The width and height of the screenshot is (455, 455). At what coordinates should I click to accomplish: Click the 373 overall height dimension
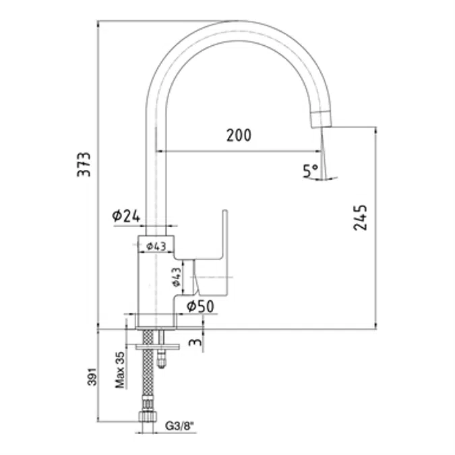84,164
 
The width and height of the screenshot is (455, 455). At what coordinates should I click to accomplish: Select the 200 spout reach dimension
239,135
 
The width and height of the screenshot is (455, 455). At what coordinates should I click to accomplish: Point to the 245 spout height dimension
360,218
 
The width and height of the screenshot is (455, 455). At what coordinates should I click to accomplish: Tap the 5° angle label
310,171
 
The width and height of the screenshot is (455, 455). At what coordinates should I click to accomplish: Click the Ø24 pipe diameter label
126,216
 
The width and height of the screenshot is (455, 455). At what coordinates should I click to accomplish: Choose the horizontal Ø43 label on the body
156,246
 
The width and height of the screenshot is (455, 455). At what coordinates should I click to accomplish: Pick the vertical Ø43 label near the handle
177,277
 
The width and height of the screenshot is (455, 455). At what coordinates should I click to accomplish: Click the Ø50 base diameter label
200,306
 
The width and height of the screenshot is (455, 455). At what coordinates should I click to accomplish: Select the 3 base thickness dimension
195,342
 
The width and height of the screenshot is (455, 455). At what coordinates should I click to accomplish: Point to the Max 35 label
120,370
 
